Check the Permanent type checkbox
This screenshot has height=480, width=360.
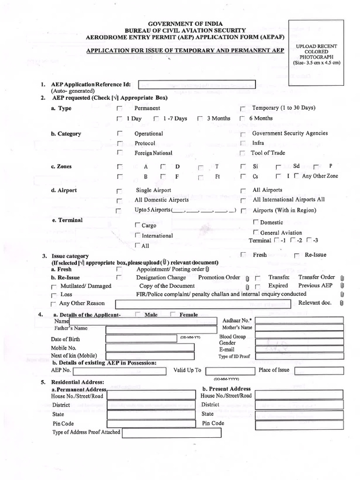pyautogui.click(x=119, y=109)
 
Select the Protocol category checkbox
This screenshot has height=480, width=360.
pyautogui.click(x=119, y=143)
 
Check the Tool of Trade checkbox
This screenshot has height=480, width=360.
pyautogui.click(x=242, y=153)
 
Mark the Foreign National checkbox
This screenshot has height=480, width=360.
pyautogui.click(x=119, y=153)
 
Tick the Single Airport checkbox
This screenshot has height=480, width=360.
pyautogui.click(x=119, y=191)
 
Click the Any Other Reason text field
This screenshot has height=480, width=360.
pyautogui.click(x=205, y=304)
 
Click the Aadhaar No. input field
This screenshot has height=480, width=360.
pyautogui.click(x=299, y=321)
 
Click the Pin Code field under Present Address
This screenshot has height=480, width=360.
pyautogui.click(x=300, y=424)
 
